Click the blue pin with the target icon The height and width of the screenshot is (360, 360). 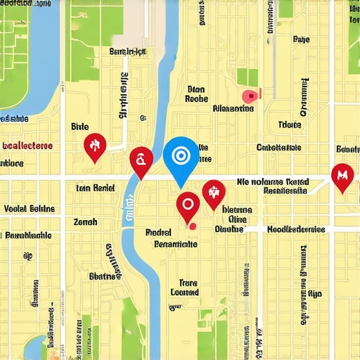click(181, 156)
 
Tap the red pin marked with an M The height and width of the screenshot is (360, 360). click(342, 175)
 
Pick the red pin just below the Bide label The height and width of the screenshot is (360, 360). click(94, 146)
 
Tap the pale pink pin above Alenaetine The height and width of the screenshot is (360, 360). click(249, 96)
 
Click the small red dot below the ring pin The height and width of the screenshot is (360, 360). click(191, 226)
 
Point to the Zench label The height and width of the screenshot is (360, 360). click(85, 221)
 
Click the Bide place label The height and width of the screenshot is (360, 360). click(81, 127)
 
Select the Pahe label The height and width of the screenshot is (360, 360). click(300, 40)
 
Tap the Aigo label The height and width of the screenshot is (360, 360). click(315, 293)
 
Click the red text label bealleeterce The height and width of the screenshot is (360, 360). click(27, 146)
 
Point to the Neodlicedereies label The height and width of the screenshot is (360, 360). click(295, 229)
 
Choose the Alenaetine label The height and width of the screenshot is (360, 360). click(233, 109)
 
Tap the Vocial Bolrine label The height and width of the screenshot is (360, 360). click(30, 209)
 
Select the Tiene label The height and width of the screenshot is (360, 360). click(289, 125)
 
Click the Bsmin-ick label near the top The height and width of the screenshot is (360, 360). click(127, 51)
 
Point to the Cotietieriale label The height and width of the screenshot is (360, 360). click(278, 148)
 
